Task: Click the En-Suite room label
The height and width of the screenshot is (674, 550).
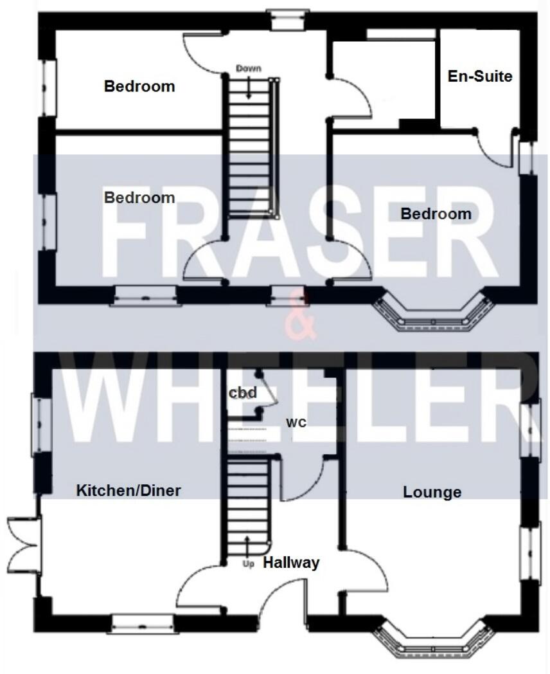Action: coord(480,76)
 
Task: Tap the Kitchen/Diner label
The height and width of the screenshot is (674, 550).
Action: coord(129,491)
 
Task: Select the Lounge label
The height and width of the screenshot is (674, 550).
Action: coord(432,492)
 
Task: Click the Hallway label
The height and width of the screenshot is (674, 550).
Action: coord(291,563)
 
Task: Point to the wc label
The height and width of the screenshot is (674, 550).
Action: coord(296,423)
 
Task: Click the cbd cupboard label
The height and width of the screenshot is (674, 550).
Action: coord(244,393)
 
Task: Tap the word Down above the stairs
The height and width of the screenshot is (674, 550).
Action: coord(249,68)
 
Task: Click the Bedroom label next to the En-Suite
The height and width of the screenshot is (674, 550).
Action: coord(436,214)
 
